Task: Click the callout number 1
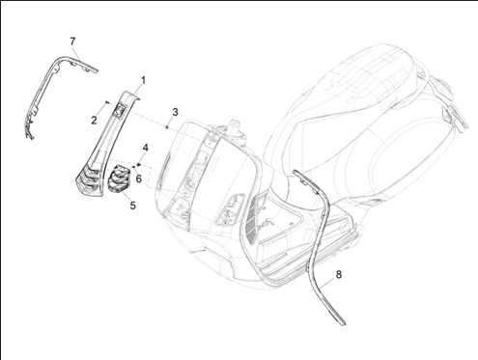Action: point(143,80)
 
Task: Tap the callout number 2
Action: point(94,121)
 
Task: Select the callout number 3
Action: point(175,112)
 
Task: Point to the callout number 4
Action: point(146,148)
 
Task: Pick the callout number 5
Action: point(133,206)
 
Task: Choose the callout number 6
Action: point(139,179)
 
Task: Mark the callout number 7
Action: point(72,42)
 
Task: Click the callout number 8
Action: point(339,275)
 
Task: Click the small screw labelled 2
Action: point(107,102)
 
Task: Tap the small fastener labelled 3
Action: point(167,127)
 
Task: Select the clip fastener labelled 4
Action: point(139,164)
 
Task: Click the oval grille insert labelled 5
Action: point(119,179)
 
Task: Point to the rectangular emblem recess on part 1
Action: point(119,111)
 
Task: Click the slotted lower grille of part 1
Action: point(90,180)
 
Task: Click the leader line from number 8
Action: point(327,282)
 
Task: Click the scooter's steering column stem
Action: point(234,128)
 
